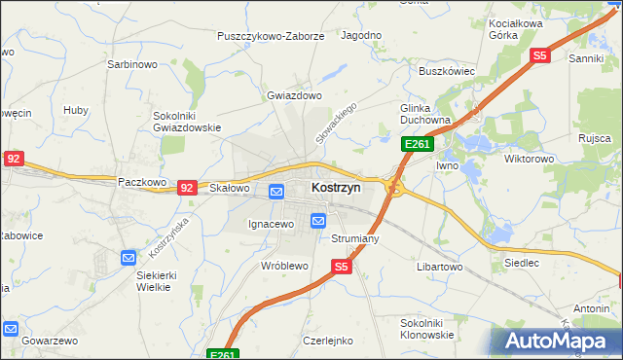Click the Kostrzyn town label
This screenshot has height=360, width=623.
coord(336,187)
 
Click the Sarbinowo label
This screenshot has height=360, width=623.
coord(131,65)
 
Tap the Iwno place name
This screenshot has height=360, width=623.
coord(447,166)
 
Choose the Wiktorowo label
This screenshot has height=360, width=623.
coord(529,158)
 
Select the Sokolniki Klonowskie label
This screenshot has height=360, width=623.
coord(427,328)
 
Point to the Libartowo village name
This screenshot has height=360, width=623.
coord(439,267)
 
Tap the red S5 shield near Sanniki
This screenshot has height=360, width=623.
coord(540,56)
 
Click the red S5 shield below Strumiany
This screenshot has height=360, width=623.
coord(340,266)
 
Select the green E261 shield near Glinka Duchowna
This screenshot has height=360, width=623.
coord(418,144)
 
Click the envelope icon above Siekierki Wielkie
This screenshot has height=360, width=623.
coord(128,258)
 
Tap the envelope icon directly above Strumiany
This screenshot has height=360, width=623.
coord(318,221)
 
